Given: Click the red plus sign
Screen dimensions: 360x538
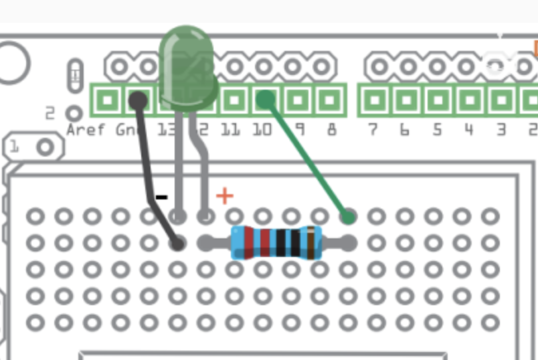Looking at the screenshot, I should click(x=225, y=195).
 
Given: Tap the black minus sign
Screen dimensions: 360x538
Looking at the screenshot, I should click(x=161, y=197).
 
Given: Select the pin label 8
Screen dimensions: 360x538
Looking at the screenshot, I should click(x=331, y=128).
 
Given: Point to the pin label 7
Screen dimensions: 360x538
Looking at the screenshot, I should click(x=373, y=128).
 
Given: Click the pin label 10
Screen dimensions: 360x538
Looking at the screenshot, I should click(x=262, y=128).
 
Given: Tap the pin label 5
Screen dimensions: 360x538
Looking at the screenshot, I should click(x=437, y=128).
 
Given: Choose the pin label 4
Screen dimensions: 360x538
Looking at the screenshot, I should click(x=468, y=128).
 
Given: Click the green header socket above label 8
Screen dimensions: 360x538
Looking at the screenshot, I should click(x=329, y=101).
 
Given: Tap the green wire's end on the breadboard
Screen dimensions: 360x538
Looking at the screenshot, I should click(x=347, y=216).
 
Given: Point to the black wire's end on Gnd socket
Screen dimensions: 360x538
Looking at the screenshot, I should click(x=138, y=101).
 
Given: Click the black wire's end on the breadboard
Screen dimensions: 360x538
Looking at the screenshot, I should click(x=177, y=243).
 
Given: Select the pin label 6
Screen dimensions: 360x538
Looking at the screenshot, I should click(x=404, y=128).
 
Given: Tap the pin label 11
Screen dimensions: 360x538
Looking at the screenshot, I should click(x=230, y=128).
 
